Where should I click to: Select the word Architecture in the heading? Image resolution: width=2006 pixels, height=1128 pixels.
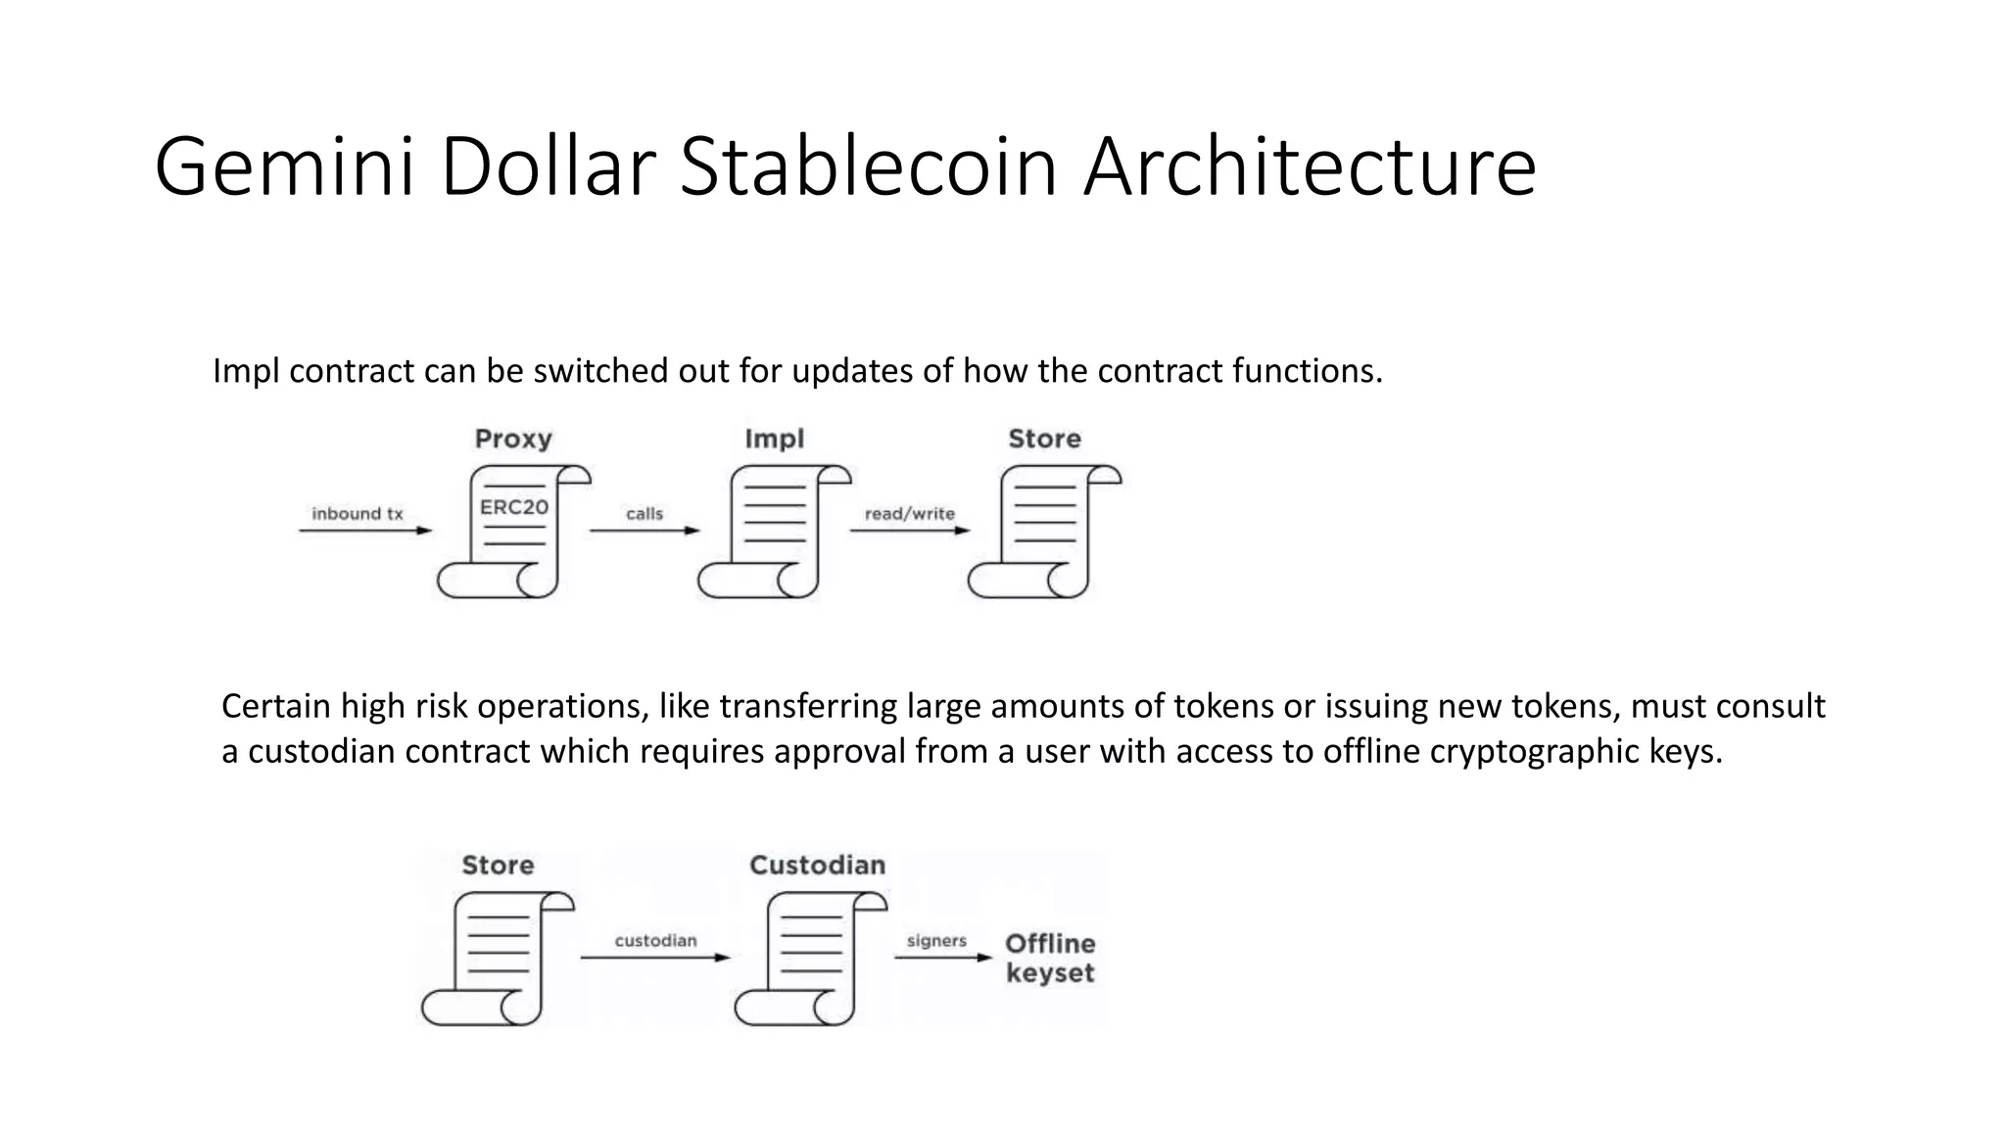(1310, 167)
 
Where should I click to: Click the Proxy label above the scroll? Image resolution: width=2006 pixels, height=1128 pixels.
(513, 439)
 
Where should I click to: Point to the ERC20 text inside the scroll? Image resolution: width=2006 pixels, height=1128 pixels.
(513, 507)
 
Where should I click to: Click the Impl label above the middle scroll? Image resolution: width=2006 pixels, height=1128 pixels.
(774, 439)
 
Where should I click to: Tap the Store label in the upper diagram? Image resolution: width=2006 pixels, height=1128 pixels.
(1044, 439)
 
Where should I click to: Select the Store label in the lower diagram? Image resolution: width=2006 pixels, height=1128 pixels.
(498, 866)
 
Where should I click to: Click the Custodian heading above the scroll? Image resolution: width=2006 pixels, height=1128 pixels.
(817, 866)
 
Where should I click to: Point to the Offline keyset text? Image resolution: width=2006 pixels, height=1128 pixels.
(1050, 959)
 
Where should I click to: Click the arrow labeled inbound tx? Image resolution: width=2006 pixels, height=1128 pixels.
(364, 531)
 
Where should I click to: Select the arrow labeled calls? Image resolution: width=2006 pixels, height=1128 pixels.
(645, 531)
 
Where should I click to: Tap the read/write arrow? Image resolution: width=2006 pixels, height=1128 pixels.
(909, 531)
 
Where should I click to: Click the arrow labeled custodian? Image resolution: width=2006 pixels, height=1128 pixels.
(655, 957)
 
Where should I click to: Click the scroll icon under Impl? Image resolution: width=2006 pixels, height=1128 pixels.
(774, 531)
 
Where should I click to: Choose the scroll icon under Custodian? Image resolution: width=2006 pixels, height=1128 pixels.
(811, 958)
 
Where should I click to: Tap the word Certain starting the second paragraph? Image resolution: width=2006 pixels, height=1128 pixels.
(276, 706)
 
